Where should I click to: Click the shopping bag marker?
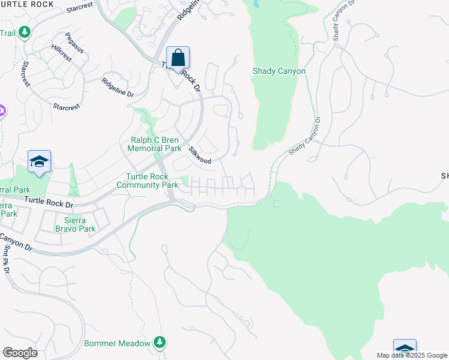[x=178, y=58]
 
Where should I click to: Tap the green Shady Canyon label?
[x=279, y=71]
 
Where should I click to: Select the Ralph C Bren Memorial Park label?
[x=156, y=144]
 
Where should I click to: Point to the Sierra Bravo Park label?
[x=75, y=224]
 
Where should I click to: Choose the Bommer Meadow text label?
[x=116, y=343]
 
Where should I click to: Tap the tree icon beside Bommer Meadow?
[x=159, y=342]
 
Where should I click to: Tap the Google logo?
[x=19, y=352]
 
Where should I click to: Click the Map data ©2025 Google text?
[x=412, y=355]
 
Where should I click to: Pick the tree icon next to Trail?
[x=25, y=32]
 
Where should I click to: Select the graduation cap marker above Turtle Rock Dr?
[x=39, y=161]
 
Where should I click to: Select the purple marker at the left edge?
[x=1, y=111]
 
